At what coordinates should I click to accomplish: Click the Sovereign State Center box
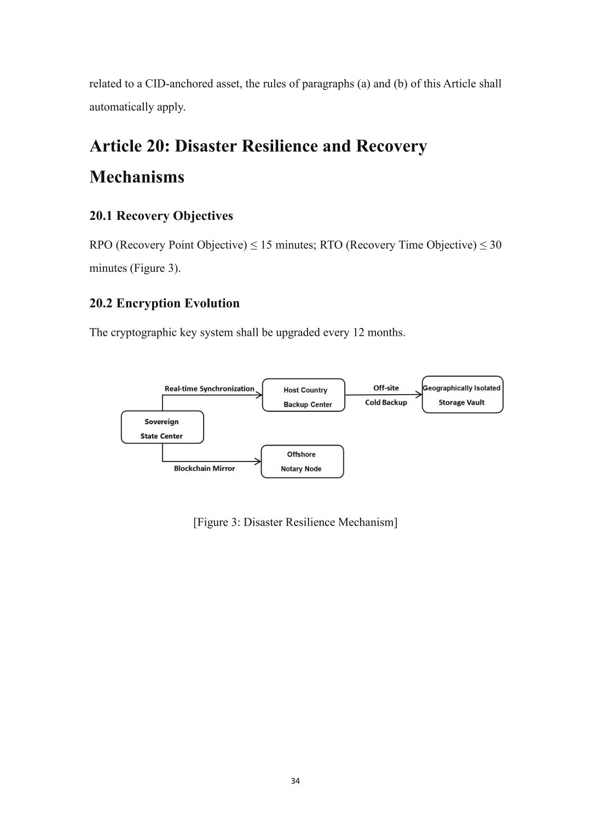click(163, 427)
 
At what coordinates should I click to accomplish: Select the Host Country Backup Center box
click(303, 395)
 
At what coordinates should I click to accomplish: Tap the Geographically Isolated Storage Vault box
click(462, 394)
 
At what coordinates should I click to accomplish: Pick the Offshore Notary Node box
click(302, 462)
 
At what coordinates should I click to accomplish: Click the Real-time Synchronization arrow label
click(209, 389)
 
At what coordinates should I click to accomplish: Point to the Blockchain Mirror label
click(205, 468)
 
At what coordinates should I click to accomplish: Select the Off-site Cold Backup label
click(386, 395)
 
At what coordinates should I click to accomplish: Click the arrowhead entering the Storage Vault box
click(419, 395)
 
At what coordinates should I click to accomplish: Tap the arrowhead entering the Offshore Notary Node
click(258, 462)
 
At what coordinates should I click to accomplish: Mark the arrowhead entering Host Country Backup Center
click(259, 395)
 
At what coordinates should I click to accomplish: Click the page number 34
click(295, 781)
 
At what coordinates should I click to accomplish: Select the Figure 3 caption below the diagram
click(295, 522)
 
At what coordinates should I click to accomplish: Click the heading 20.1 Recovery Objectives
click(161, 216)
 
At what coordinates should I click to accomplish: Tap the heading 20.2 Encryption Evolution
click(165, 303)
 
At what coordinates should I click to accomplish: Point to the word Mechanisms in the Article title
click(137, 177)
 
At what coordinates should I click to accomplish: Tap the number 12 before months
click(358, 332)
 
